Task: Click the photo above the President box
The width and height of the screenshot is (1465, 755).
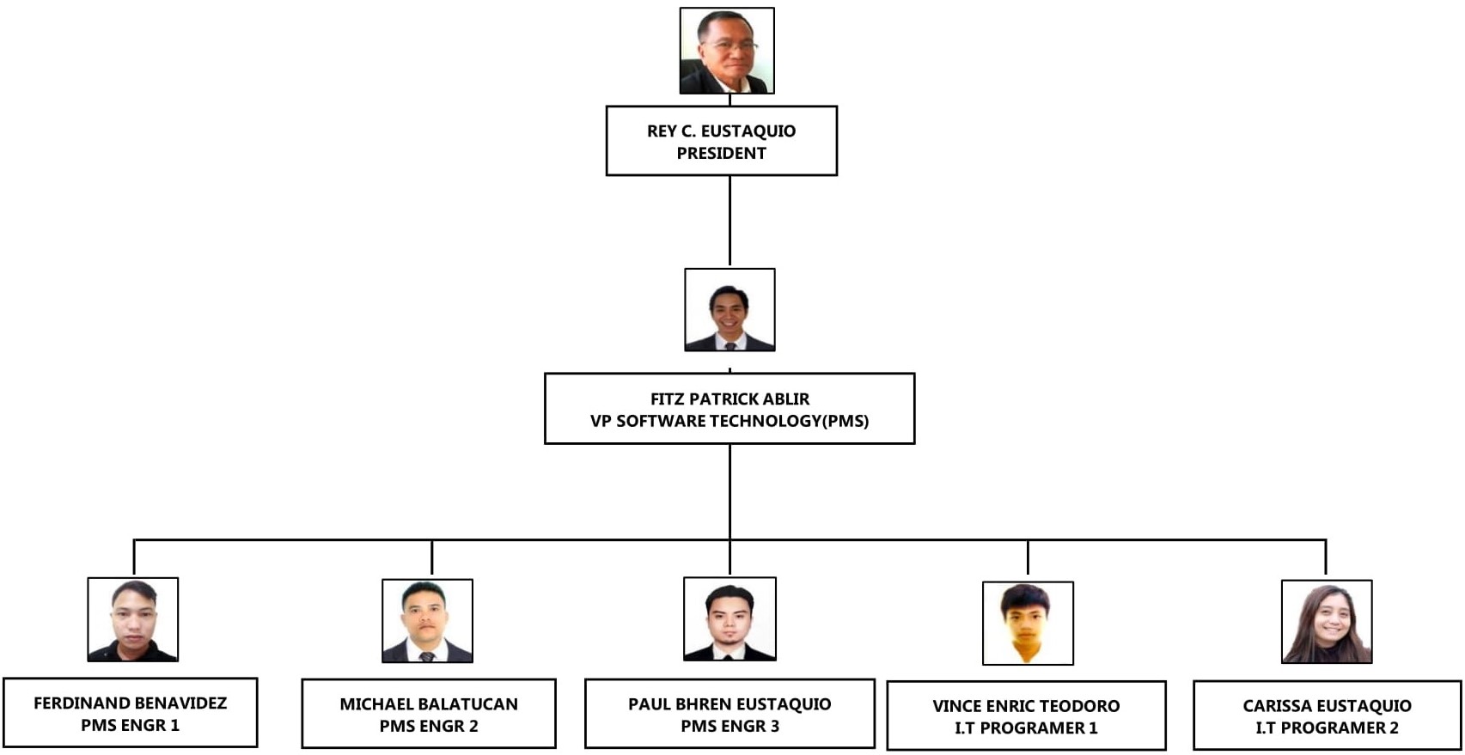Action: coord(727,51)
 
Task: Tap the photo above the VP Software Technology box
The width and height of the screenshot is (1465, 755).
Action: coord(729,310)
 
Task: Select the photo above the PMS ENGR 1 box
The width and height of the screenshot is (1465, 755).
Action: coord(133,619)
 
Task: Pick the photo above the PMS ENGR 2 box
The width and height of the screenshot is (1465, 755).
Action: coord(427,620)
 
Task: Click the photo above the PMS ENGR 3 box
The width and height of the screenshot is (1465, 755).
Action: coord(729,618)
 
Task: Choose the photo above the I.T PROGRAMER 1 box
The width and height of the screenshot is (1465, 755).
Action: coord(1028,623)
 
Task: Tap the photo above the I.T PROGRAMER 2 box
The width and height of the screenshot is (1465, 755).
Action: coord(1326,621)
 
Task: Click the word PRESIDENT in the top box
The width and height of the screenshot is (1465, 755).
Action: coord(721,153)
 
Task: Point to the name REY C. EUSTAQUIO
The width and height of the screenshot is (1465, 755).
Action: coord(721,131)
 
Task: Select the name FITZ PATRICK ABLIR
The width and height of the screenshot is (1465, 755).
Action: coord(729,399)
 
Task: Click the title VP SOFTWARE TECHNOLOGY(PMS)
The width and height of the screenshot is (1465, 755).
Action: coord(729,421)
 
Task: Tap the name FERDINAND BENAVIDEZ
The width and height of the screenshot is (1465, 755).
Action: coord(131,703)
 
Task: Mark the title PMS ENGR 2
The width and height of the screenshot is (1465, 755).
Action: coord(429,726)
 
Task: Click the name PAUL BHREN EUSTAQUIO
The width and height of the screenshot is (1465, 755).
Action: coord(729,703)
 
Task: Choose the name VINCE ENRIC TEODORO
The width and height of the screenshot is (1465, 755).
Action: coord(1026,705)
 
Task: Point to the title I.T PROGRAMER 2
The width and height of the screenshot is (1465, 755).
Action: coord(1327,728)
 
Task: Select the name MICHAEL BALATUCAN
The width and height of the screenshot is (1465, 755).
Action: coord(429,703)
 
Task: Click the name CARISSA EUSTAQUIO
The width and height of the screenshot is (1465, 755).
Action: coord(1327,705)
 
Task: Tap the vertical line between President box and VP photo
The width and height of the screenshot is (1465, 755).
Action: coord(729,221)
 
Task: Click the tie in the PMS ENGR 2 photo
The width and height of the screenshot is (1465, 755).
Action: coord(427,656)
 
